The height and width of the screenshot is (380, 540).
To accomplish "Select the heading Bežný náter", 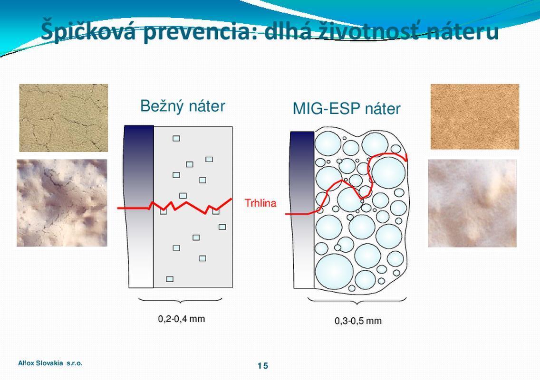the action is [x=183, y=106].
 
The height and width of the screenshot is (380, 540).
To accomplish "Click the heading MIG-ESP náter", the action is [x=347, y=109].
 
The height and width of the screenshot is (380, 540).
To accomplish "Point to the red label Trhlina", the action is [x=260, y=203].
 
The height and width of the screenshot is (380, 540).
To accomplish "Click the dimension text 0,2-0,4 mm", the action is [x=182, y=319].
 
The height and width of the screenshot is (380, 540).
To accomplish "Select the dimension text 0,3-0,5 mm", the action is [x=358, y=321].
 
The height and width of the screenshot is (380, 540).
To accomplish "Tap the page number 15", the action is [x=263, y=366].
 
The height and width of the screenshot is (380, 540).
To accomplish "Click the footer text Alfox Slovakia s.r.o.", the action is [x=50, y=363].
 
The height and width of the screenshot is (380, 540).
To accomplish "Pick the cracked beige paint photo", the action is [x=63, y=118].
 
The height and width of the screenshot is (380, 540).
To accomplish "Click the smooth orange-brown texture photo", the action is [x=474, y=117].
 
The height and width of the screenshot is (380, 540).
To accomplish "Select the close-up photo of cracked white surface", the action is [x=62, y=203].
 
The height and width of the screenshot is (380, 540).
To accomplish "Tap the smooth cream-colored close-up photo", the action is [x=472, y=203].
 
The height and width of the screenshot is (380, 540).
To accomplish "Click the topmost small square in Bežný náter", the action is [x=176, y=138].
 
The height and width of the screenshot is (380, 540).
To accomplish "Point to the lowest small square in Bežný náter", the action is [x=170, y=279].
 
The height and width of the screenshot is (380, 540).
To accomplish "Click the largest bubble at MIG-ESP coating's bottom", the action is [x=334, y=271].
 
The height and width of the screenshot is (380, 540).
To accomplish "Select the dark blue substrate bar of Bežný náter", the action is [x=139, y=207].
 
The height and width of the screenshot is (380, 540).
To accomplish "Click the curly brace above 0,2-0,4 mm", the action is [x=180, y=301].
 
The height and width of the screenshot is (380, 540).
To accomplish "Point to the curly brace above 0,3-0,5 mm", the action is [x=357, y=302].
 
